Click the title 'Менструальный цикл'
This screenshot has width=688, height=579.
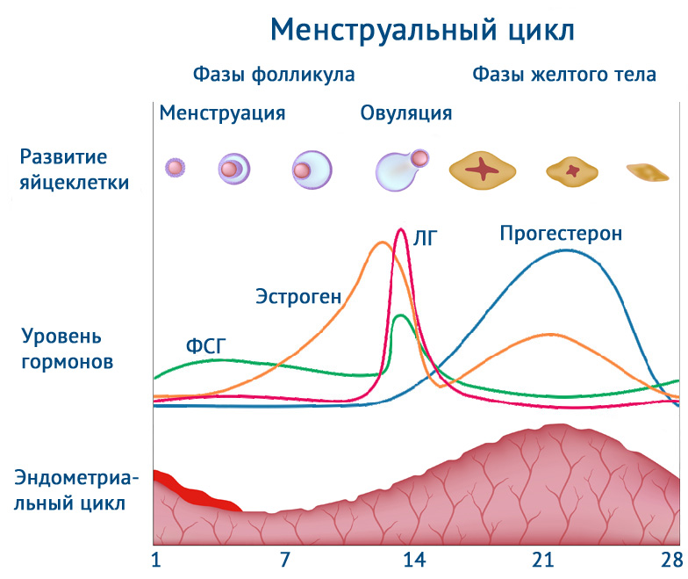(x=422, y=29)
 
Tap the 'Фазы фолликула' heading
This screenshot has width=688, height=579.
(x=274, y=75)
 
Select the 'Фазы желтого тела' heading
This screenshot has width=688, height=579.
(x=564, y=75)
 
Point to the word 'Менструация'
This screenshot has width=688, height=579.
(x=222, y=112)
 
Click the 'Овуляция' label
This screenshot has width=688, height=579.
(x=406, y=112)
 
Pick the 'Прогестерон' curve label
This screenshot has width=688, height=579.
(x=561, y=234)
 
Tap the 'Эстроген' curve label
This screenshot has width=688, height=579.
(x=298, y=296)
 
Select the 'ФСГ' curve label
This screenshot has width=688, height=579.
(x=206, y=345)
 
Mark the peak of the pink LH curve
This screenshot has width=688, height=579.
(x=401, y=230)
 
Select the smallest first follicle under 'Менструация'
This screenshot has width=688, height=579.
(x=176, y=167)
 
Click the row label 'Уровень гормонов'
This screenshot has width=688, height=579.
(x=67, y=349)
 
